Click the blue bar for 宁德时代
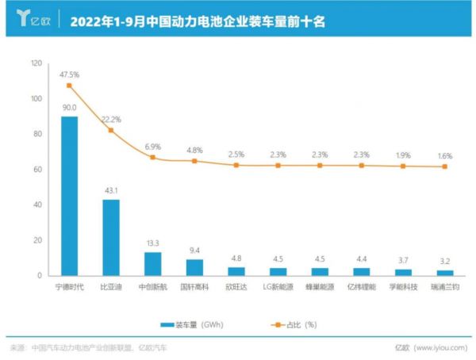coord(69,196)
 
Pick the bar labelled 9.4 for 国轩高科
coord(194,267)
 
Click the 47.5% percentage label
coord(69,75)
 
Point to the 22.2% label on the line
coord(111,119)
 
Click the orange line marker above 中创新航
coord(152,158)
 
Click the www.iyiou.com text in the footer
coord(441,347)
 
